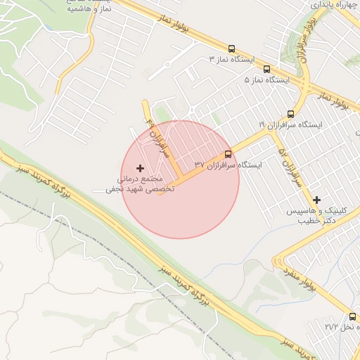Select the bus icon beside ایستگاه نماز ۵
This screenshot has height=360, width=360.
266,69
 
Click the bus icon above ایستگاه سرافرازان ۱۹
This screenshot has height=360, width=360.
291,114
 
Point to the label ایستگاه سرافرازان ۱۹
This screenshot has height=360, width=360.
290,124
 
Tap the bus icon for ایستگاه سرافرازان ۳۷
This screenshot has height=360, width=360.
228,154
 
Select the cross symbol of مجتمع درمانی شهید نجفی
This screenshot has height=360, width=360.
140,168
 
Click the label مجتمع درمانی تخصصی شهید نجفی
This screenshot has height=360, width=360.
134,184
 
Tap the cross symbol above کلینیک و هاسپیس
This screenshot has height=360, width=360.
316,200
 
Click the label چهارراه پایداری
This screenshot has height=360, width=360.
328,5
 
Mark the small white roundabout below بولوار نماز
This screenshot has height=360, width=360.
169,65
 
